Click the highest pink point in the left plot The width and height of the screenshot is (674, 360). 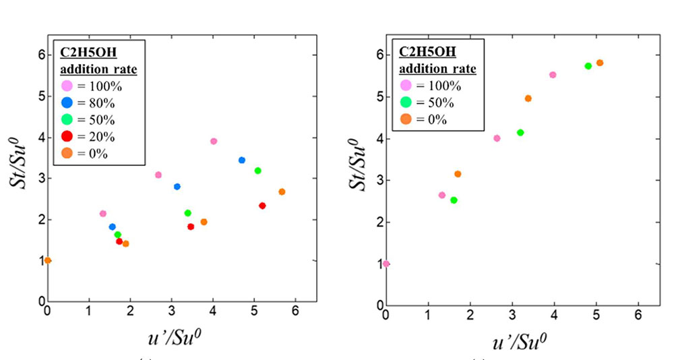(x=214, y=141)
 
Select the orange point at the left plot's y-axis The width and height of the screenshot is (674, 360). (x=48, y=260)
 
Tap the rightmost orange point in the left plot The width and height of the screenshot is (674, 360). (x=282, y=191)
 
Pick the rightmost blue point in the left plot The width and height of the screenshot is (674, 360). (x=241, y=160)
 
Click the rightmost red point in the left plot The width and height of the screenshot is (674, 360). (x=262, y=206)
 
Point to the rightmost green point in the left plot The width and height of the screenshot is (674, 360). (x=257, y=171)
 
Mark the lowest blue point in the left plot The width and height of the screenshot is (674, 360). (x=112, y=227)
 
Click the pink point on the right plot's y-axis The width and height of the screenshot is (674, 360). (x=386, y=264)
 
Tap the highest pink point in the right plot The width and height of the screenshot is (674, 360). (x=553, y=75)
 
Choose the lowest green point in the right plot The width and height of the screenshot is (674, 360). (x=454, y=200)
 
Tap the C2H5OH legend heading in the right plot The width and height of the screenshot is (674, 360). (x=427, y=52)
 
